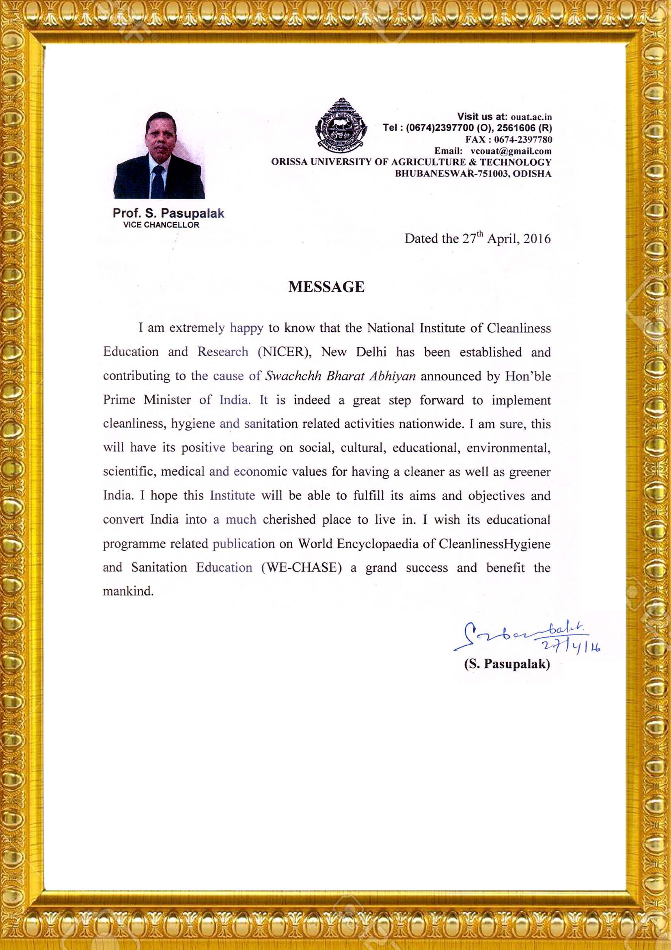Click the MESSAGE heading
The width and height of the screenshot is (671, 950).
click(x=326, y=287)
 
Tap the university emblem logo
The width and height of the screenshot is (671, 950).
click(x=341, y=124)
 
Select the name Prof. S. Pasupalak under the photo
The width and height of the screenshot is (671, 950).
click(x=168, y=213)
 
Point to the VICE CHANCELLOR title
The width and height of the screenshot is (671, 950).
click(x=161, y=225)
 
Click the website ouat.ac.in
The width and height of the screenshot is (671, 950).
click(x=531, y=117)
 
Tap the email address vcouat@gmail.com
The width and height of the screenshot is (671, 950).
click(x=511, y=151)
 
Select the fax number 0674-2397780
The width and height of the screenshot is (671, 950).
click(x=523, y=139)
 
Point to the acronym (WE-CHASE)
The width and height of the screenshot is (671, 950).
click(x=301, y=567)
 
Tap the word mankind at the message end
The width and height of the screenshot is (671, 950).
click(x=128, y=591)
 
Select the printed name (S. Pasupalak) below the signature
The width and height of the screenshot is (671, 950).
click(x=507, y=664)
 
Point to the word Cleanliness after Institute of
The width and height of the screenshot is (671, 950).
click(x=518, y=328)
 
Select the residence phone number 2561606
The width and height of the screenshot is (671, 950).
click(x=516, y=128)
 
